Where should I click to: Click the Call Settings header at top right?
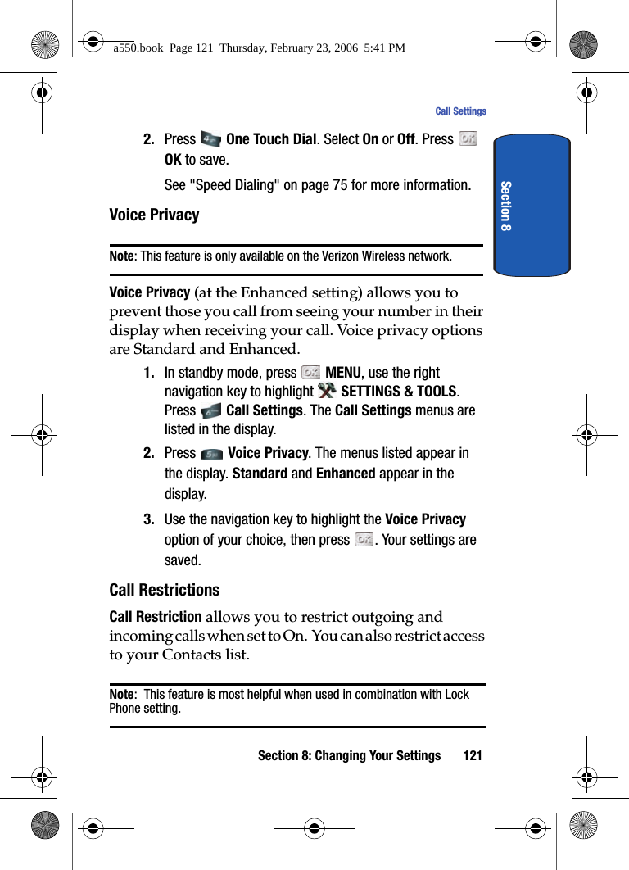pos(460,111)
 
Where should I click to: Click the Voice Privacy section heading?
pos(154,215)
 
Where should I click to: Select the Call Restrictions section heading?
pos(165,590)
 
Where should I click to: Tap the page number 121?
pos(472,755)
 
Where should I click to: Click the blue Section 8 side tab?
pos(532,205)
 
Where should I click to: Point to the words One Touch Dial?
pos(270,139)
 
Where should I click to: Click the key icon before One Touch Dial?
pos(210,139)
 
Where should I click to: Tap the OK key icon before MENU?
pos(310,373)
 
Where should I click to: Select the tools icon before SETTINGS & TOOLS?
pos(326,391)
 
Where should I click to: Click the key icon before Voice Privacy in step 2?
pos(211,454)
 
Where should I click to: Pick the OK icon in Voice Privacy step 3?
pos(364,540)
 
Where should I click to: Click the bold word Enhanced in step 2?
pos(345,474)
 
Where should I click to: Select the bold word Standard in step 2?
pos(260,474)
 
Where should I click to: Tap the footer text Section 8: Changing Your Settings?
pos(349,755)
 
